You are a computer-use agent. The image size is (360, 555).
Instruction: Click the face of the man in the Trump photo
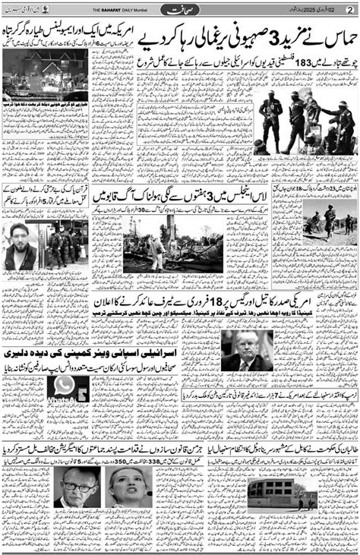[x=245, y=345]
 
